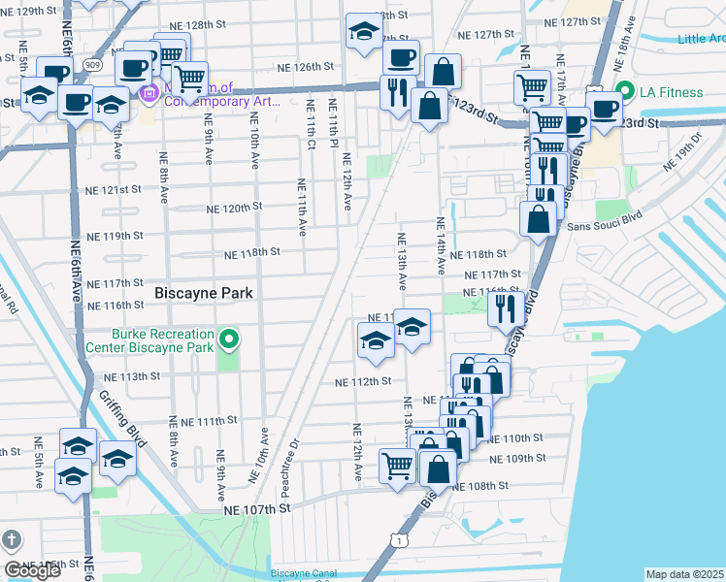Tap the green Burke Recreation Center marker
point(229,339)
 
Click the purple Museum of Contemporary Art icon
point(149,94)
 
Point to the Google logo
point(32,570)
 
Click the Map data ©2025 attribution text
point(684,574)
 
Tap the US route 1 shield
point(399,537)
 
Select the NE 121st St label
point(115,190)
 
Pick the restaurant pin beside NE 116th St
point(506,307)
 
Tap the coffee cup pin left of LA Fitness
point(603,109)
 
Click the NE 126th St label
point(306,67)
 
